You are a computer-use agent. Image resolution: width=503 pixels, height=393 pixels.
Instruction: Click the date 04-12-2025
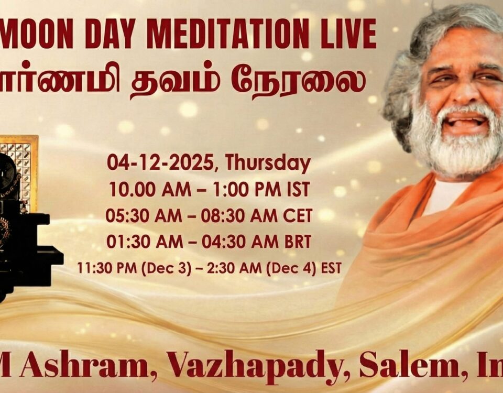pos(163,163)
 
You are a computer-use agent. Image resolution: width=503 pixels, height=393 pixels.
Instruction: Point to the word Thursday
pos(268,163)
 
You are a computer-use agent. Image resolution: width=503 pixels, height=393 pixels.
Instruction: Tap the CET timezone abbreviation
pos(299,215)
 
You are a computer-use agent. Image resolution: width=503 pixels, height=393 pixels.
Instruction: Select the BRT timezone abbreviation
pos(298,242)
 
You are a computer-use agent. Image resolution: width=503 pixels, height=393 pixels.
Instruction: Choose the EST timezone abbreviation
pos(331,268)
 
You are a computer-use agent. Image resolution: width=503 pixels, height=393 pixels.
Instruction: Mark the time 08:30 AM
pos(245,215)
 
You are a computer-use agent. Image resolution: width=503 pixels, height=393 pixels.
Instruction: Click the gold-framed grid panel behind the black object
pos(21,157)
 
